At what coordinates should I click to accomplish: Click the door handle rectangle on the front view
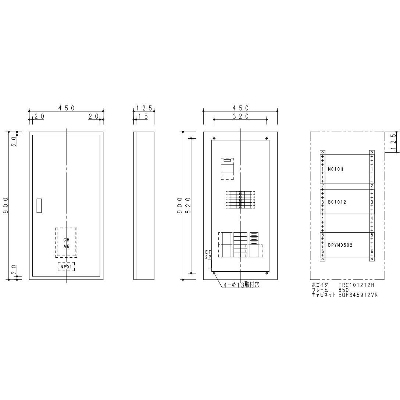point(39,206)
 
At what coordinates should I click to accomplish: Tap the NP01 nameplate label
point(66,267)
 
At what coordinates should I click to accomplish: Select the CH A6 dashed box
point(66,243)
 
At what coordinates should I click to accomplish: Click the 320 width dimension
point(240,116)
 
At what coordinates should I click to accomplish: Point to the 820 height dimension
point(189,206)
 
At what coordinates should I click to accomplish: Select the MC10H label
point(335,169)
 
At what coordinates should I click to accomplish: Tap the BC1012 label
point(337,202)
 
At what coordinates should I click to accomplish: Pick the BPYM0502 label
point(340,245)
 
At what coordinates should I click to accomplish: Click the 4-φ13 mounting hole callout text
point(242,285)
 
